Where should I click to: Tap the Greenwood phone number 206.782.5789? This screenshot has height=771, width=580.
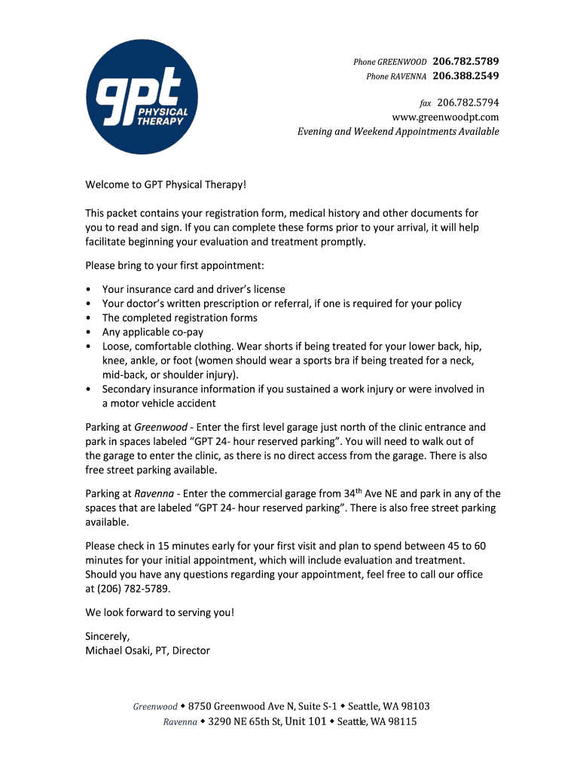pyautogui.click(x=466, y=60)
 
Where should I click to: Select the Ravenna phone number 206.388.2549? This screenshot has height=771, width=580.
pyautogui.click(x=466, y=76)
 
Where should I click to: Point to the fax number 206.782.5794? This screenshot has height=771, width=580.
pyautogui.click(x=468, y=102)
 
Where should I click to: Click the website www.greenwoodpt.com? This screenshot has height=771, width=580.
pyautogui.click(x=445, y=117)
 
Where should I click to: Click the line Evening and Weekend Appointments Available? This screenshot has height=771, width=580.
pyautogui.click(x=398, y=131)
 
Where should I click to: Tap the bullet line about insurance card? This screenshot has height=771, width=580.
pyautogui.click(x=194, y=289)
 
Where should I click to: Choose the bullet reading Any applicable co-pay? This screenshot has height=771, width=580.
pyautogui.click(x=153, y=332)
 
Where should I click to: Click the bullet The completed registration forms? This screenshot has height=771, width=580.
pyautogui.click(x=180, y=318)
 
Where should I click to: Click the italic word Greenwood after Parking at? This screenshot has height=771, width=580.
pyautogui.click(x=160, y=427)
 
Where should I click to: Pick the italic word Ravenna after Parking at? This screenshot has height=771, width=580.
pyautogui.click(x=154, y=494)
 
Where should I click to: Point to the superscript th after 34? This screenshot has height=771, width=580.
pyautogui.click(x=359, y=491)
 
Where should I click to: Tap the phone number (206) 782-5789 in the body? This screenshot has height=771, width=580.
pyautogui.click(x=133, y=589)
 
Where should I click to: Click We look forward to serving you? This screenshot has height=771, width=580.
pyautogui.click(x=160, y=612)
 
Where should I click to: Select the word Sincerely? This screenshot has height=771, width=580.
pyautogui.click(x=108, y=636)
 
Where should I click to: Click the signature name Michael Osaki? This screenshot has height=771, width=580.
pyautogui.click(x=118, y=651)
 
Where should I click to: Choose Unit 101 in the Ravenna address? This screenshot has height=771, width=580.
pyautogui.click(x=305, y=721)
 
